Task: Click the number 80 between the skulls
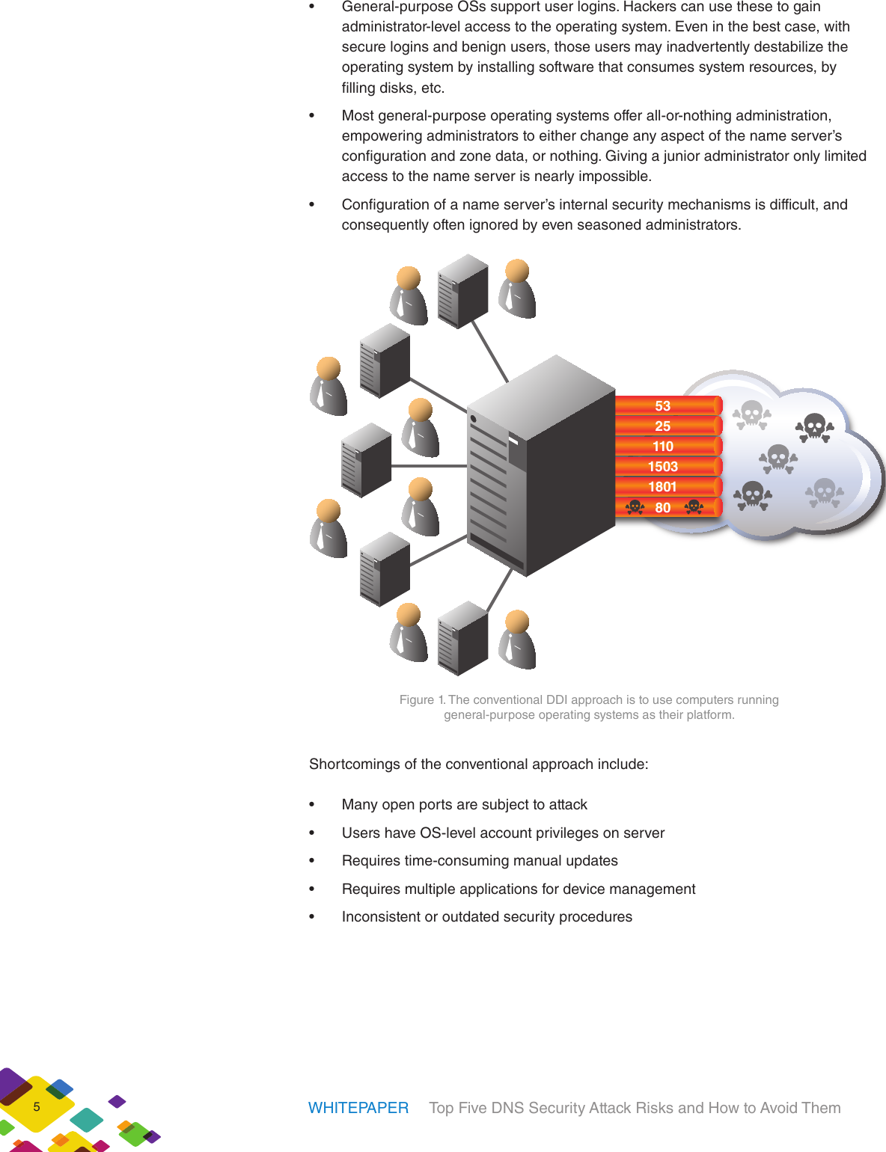[663, 507]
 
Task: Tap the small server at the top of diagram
[462, 291]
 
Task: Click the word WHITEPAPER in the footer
[358, 1108]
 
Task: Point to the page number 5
[37, 1107]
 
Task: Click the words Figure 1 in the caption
[422, 699]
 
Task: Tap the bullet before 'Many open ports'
[312, 805]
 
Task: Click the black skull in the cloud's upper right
[814, 428]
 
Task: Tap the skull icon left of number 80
[635, 507]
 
